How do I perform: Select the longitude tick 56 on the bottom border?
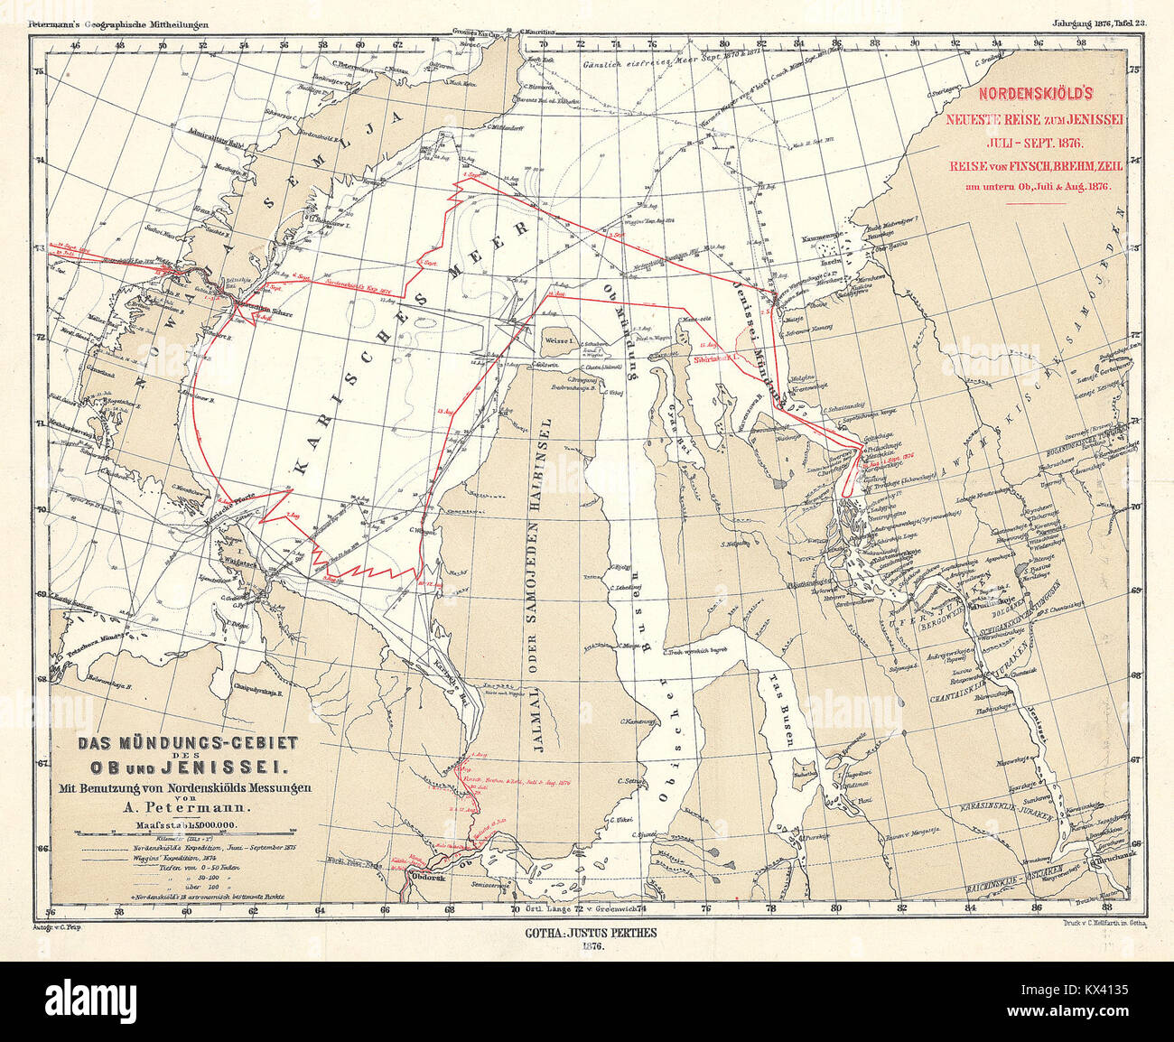point(53,910)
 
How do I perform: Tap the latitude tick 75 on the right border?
point(1137,69)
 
